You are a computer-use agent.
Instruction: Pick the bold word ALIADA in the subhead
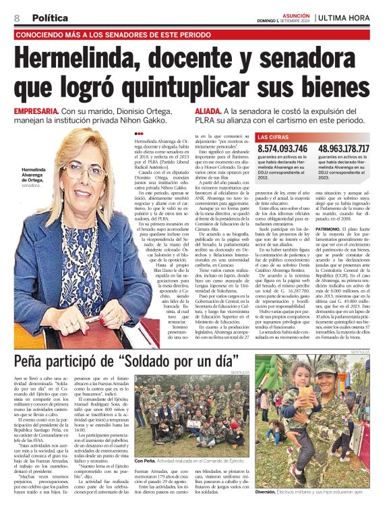pyautogui.click(x=208, y=110)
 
